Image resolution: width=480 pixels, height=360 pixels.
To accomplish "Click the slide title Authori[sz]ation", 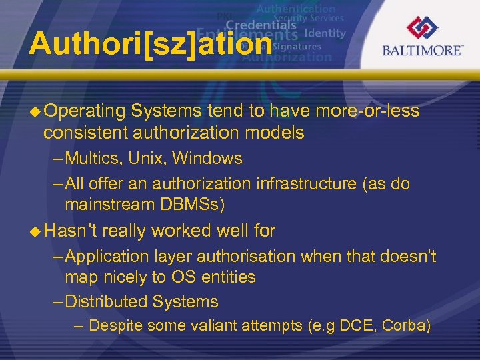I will coord(151,45).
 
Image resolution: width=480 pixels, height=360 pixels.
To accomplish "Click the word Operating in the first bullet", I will coord(86,111).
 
